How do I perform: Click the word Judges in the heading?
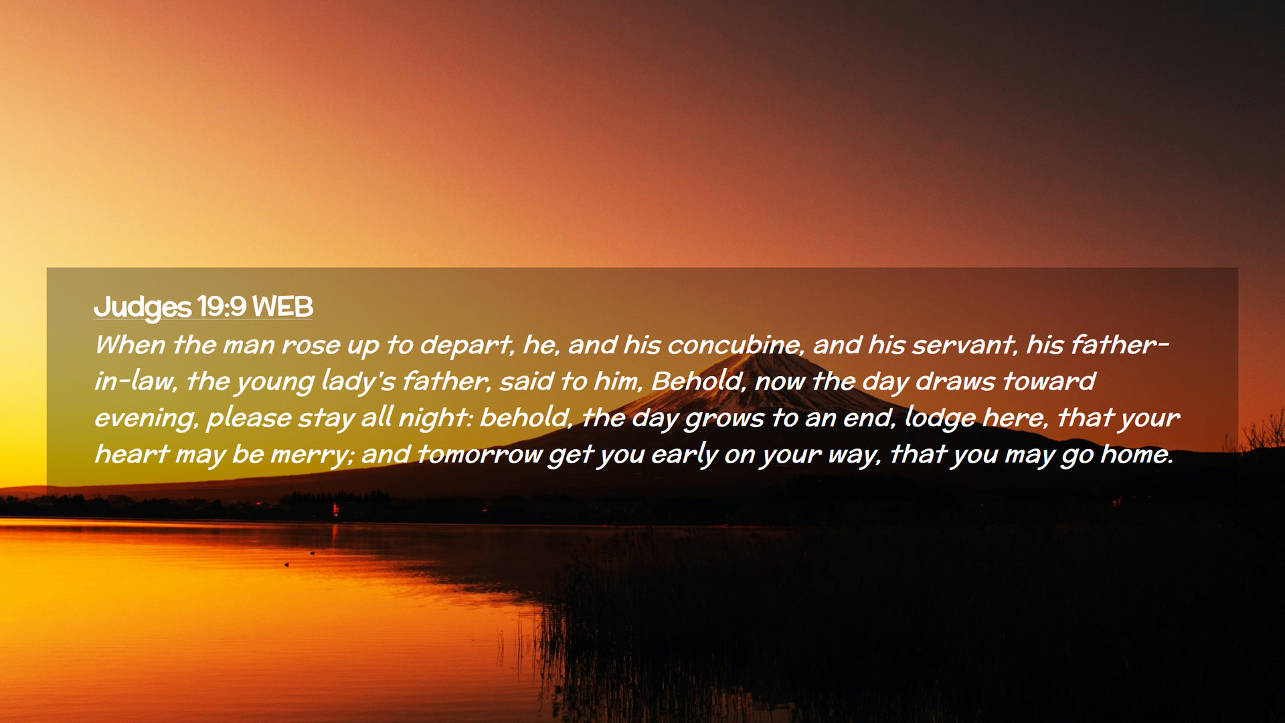pos(143,307)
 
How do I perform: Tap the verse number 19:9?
pos(222,307)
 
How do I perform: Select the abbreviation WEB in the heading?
pos(283,307)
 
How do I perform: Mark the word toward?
pos(1049,381)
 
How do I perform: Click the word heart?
pos(131,454)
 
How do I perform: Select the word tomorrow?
pos(479,454)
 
